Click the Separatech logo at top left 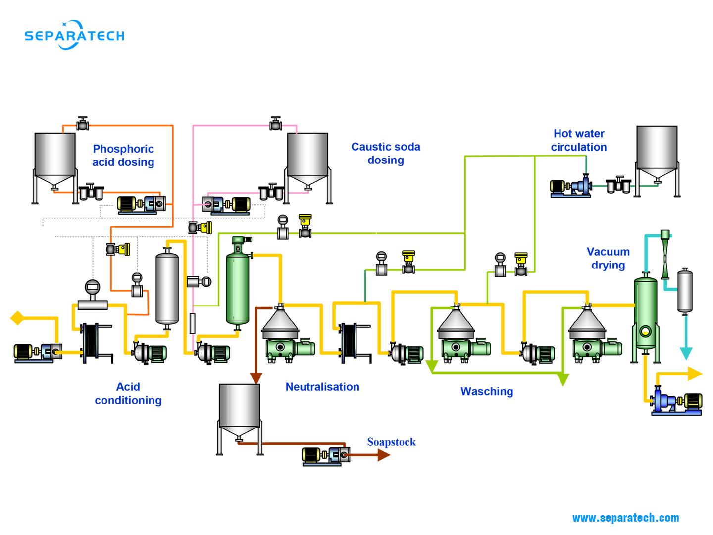(74, 35)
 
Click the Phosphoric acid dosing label (123, 156)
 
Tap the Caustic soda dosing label (386, 153)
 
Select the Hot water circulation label (578, 140)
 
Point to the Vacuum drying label (608, 258)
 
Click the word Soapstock (391, 442)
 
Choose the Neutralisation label (322, 387)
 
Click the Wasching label (487, 391)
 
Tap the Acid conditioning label (128, 393)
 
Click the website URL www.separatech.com (625, 518)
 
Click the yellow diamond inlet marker (17, 318)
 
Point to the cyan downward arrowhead (686, 353)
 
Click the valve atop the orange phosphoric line (83, 124)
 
